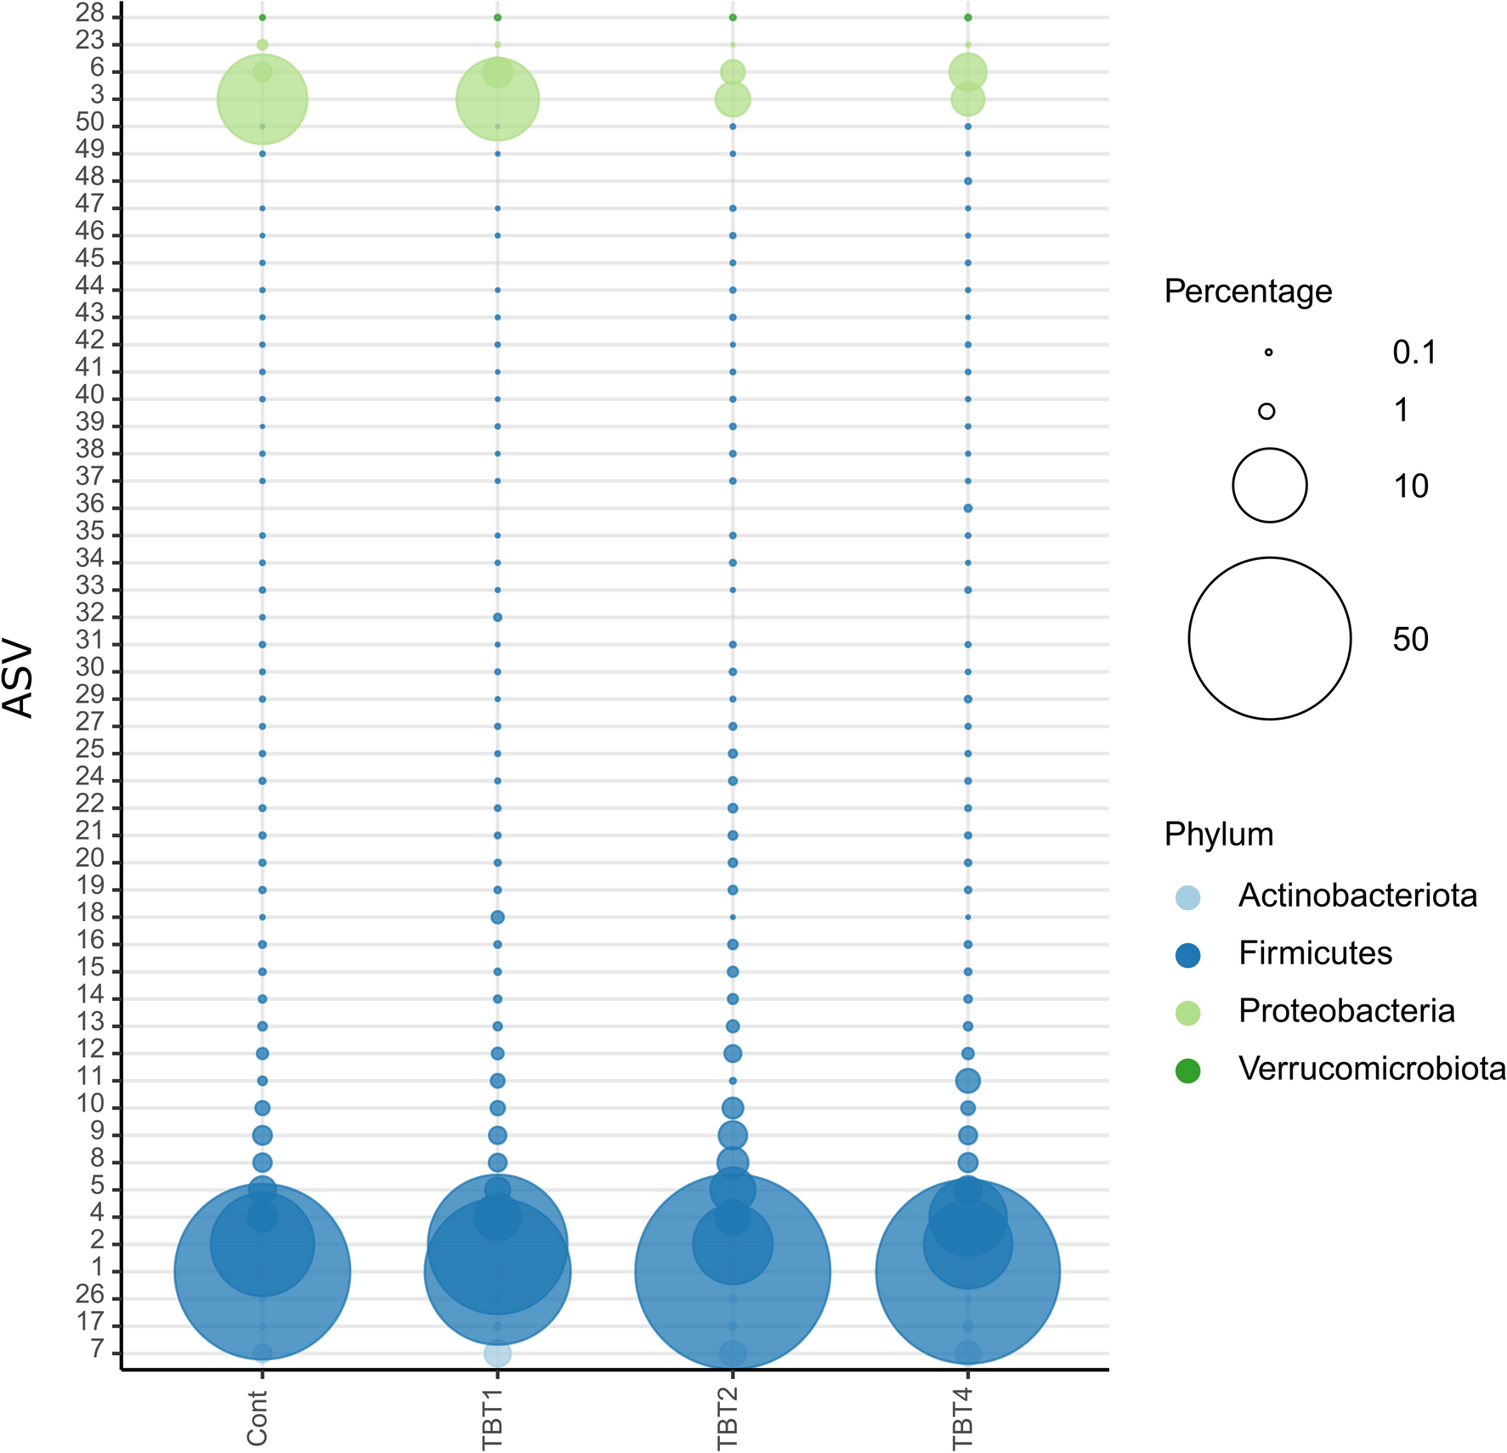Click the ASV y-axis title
19,680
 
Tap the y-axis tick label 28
90,14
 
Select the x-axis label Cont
257,1416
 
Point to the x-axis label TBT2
728,1416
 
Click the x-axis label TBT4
962,1416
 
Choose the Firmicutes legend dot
1187,955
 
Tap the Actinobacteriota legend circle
1187,897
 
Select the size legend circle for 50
1269,638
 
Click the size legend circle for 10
1269,485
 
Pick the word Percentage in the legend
1248,291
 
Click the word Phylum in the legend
1219,834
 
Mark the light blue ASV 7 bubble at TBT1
498,1354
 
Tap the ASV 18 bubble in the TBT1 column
498,917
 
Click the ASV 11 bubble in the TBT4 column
968,1081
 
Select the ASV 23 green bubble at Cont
263,44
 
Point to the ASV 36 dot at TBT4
968,508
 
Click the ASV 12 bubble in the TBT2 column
733,1054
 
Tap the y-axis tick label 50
90,123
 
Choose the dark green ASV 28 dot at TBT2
733,17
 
